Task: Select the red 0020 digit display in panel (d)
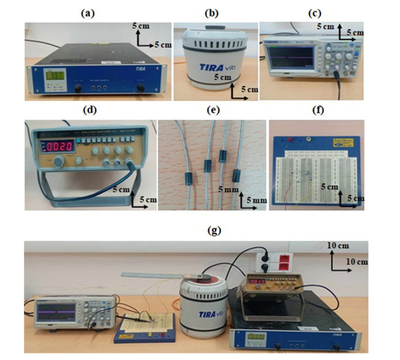[x=58, y=146]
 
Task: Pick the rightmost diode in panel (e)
[x=236, y=176]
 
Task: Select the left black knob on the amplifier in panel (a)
[x=79, y=87]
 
